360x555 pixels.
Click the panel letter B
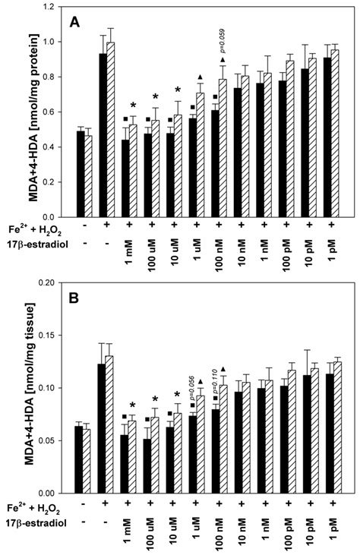coord(76,298)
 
